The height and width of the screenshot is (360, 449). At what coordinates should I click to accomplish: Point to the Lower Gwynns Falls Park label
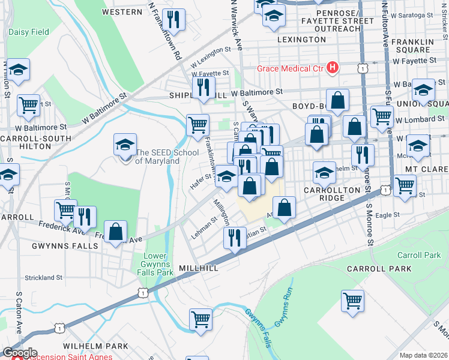tap(158, 264)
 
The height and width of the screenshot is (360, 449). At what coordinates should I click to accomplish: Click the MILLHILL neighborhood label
tap(198, 268)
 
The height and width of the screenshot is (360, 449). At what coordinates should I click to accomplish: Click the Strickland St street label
tap(43, 278)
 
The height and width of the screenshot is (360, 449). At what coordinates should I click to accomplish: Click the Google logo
tap(19, 352)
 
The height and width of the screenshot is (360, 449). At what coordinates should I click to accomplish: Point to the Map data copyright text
tap(424, 355)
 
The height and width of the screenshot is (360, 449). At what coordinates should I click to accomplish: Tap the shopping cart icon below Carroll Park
tap(352, 300)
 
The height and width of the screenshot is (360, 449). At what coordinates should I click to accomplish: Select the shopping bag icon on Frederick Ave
tap(115, 231)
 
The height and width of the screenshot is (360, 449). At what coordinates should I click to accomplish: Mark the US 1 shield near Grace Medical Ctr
tap(363, 68)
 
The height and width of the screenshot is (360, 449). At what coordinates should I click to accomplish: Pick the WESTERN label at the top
tap(122, 11)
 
